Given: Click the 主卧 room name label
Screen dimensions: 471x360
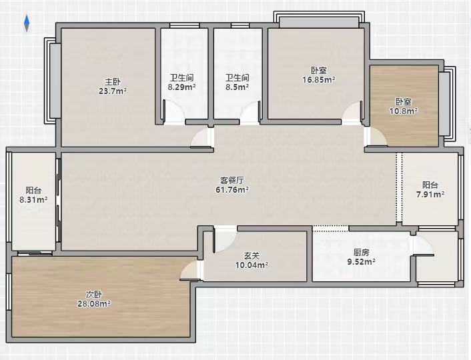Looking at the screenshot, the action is [113, 82].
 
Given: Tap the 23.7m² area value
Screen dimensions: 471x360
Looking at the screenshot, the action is [113, 91].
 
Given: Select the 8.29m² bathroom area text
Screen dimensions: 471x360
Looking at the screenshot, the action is [181, 87].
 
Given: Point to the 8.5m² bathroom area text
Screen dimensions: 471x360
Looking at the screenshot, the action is [238, 87].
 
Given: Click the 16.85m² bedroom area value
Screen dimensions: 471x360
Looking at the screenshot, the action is [319, 79].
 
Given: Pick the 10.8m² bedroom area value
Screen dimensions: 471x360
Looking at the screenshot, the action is [404, 111].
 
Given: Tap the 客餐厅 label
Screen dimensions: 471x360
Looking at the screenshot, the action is [232, 180].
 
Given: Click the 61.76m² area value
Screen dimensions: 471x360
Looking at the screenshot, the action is [232, 190].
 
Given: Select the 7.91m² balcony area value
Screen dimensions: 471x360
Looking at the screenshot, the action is [430, 194].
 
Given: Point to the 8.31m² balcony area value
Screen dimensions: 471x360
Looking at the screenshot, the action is [33, 199].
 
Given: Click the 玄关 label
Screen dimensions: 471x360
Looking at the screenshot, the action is [252, 256].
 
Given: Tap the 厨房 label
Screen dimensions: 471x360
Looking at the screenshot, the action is [362, 252].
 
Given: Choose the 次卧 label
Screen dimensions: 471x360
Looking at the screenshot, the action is [94, 294].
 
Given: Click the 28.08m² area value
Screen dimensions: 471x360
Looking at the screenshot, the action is [94, 303].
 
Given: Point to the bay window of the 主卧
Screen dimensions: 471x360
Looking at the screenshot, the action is [52, 81].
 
